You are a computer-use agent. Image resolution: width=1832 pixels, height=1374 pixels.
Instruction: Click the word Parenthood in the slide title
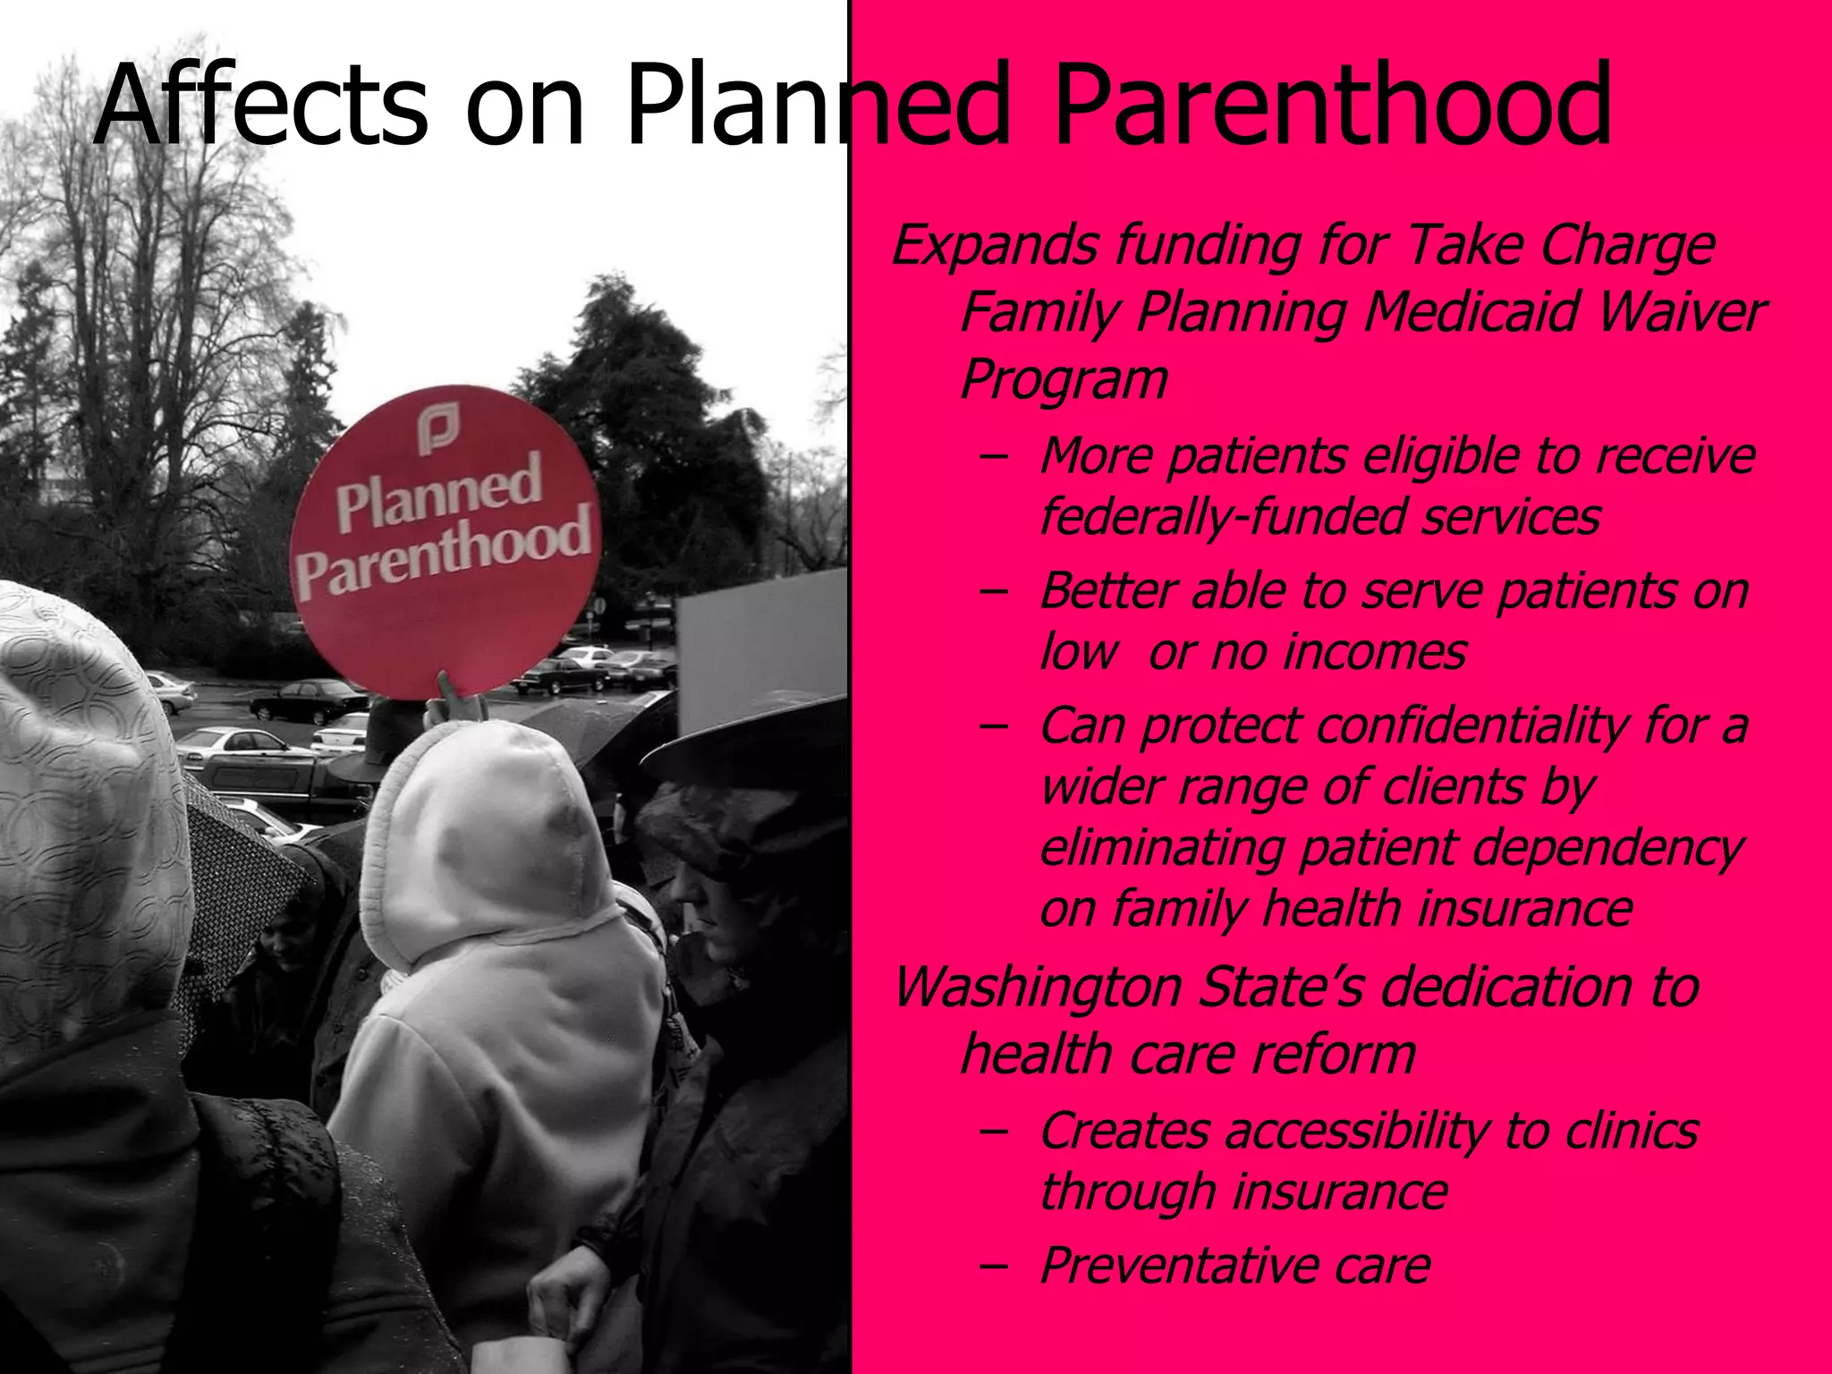coord(1333,106)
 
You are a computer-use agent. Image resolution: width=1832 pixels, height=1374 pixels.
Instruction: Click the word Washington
coord(1038,987)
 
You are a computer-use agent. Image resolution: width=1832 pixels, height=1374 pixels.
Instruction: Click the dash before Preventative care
coord(993,1265)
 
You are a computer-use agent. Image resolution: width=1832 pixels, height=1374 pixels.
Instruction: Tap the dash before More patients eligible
coord(993,456)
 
